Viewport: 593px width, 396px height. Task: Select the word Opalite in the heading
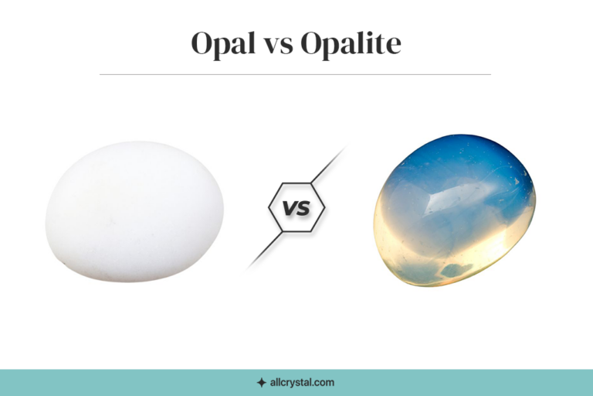click(351, 44)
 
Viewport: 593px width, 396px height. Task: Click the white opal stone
click(134, 210)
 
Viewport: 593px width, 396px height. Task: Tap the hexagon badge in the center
click(296, 208)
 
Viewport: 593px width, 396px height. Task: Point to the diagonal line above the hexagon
click(327, 165)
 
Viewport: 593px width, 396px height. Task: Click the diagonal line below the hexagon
click(265, 251)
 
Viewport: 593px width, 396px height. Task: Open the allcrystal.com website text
click(302, 382)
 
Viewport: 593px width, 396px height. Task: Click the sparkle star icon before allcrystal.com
click(261, 382)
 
